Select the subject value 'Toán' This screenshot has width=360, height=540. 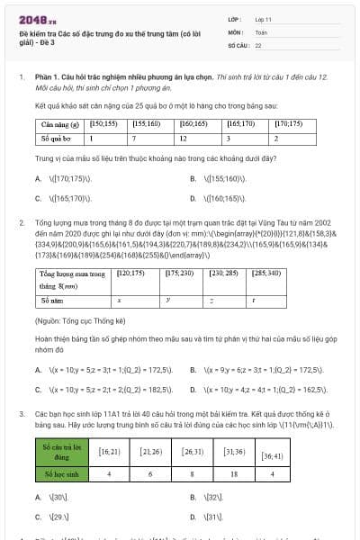261,31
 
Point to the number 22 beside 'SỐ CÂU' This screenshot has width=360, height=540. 258,44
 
